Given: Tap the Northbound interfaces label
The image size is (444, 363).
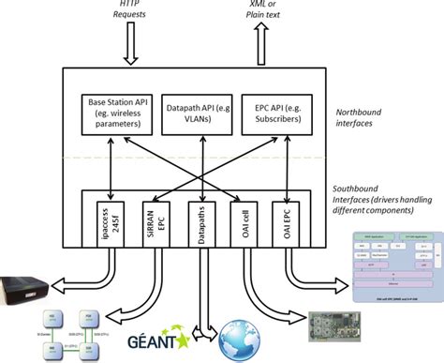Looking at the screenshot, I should coord(368,116).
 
